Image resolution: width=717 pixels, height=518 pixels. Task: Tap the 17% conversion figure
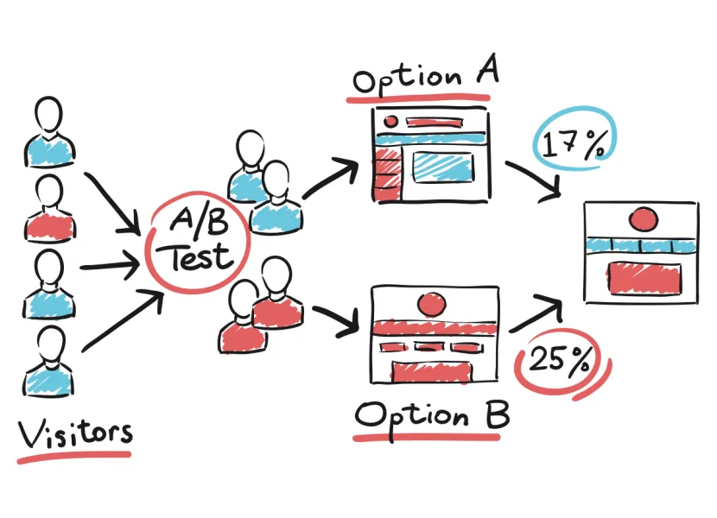coord(574,143)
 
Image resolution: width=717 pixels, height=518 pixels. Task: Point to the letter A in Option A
coord(487,69)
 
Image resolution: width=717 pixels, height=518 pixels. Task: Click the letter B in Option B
coord(498,414)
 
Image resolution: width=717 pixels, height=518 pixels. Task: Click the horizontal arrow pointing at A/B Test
coord(110,265)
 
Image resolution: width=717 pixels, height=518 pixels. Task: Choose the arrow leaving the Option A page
coord(534,180)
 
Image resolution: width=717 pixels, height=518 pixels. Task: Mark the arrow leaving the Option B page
coord(536,313)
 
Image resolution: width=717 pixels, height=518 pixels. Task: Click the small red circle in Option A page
coord(390,121)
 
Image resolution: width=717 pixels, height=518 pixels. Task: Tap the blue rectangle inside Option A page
coord(442,167)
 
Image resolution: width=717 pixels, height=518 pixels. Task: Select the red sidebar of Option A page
coord(387,174)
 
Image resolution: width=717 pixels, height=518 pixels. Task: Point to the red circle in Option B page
coord(432,304)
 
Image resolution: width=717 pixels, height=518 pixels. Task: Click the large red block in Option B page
coord(432,371)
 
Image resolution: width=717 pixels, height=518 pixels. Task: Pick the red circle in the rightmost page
coord(644,219)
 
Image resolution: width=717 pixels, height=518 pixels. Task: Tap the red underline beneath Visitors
coord(74,458)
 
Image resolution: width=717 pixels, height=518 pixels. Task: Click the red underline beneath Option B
coord(427,438)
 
